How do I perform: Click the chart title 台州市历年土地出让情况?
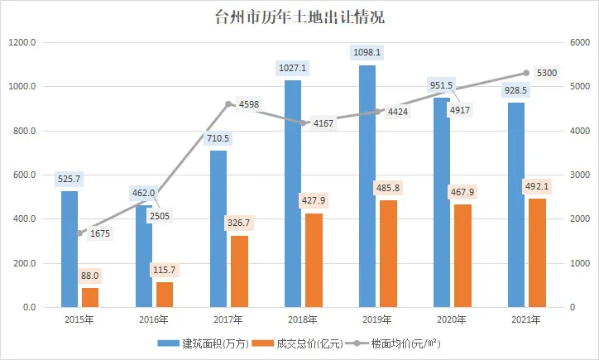(299, 17)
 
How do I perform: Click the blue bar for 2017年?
(218, 228)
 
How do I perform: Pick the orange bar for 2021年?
(537, 252)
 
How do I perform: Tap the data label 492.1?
(537, 186)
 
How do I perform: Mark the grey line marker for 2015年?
(79, 233)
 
